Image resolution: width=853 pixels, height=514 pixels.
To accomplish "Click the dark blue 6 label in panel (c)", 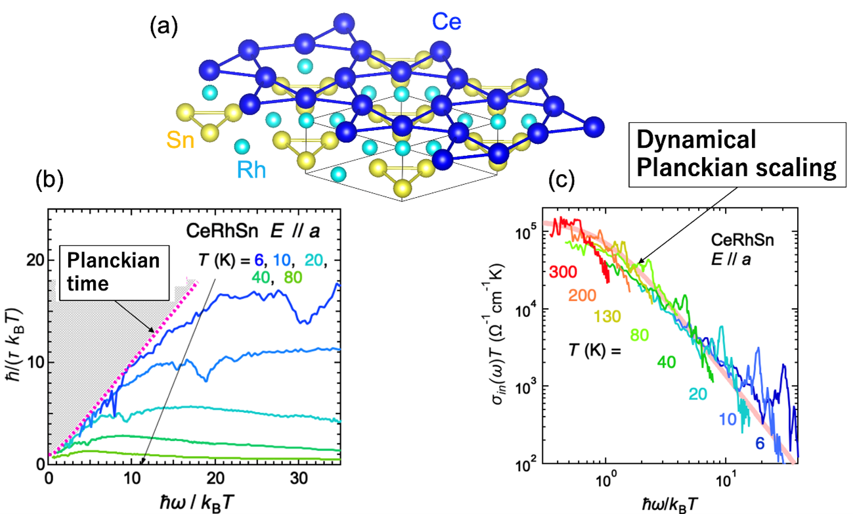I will tap(760, 444).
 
